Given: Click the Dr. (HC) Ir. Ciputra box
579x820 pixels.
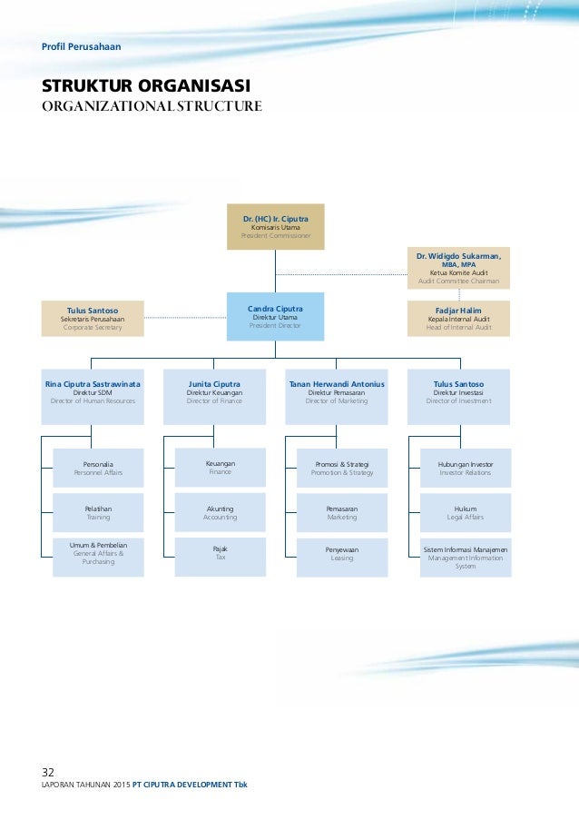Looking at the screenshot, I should (275, 226).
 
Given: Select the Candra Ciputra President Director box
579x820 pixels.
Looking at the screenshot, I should (275, 316).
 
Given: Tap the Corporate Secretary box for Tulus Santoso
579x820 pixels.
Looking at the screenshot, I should (93, 318).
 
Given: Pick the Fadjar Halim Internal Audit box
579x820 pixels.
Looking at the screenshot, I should (458, 318).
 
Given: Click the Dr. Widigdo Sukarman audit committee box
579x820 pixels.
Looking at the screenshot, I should (458, 268).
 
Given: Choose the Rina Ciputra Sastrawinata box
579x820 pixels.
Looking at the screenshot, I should (93, 397).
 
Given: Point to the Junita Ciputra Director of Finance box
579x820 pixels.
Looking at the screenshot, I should (214, 397).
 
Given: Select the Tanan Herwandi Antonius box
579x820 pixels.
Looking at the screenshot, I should (336, 397).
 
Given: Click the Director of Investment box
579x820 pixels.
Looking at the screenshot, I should (458, 397).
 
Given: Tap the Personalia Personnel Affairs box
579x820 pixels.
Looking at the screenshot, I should (98, 468).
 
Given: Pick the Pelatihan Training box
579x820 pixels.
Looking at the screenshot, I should (98, 512).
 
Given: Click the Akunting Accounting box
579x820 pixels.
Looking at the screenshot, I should (220, 512).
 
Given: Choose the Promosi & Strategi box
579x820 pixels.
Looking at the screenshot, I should (342, 468).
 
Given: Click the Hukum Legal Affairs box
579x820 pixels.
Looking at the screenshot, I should (466, 512).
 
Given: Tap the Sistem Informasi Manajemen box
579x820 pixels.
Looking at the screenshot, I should (466, 557).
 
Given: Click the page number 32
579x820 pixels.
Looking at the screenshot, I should (48, 773).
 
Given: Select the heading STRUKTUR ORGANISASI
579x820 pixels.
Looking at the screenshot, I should (146, 86).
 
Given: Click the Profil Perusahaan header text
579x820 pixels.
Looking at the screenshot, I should (81, 46).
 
